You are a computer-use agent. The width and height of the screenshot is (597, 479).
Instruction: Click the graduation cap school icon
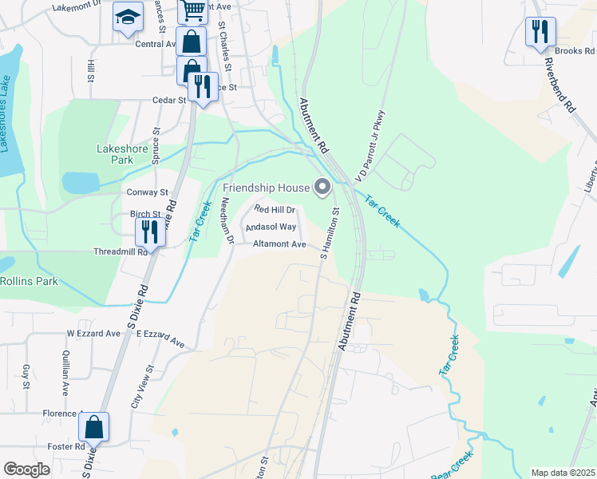[128, 18]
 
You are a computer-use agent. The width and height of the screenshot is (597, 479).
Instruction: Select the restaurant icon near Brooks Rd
[540, 32]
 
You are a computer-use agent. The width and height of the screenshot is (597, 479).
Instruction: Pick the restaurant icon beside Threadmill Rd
[150, 232]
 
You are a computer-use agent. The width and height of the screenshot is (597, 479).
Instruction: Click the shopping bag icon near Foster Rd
[94, 427]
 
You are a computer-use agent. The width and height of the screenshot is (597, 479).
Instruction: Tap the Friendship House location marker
[322, 188]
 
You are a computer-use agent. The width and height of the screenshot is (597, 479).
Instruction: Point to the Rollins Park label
[29, 281]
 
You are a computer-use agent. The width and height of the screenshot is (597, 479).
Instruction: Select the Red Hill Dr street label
[275, 209]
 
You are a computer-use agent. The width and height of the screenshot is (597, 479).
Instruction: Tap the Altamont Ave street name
[279, 244]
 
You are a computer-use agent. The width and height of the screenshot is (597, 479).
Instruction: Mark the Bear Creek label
[452, 465]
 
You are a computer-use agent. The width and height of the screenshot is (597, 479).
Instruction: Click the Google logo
[26, 469]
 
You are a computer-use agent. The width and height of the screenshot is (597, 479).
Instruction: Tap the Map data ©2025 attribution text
[563, 473]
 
